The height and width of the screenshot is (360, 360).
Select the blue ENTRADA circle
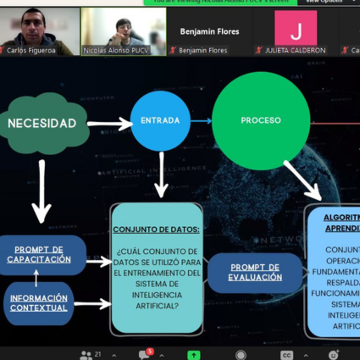[x=160, y=121]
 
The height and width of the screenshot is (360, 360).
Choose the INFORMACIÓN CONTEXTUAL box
[x=38, y=302]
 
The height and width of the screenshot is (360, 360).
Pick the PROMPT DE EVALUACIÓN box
[x=255, y=272]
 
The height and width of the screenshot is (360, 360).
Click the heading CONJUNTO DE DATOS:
[x=156, y=230]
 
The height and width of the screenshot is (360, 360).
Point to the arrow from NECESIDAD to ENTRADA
[x=108, y=125]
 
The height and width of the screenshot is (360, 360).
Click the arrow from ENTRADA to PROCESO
[x=201, y=121]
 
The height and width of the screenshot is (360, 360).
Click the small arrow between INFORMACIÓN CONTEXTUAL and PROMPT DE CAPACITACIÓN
[x=36, y=278]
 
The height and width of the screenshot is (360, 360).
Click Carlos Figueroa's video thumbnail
[x=39, y=31]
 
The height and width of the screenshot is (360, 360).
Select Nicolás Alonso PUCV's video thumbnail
[x=123, y=31]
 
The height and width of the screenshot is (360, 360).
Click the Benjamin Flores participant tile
[x=208, y=31]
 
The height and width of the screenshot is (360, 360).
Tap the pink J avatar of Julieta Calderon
[x=296, y=30]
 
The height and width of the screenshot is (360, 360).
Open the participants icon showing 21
[x=90, y=354]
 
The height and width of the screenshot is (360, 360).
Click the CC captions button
[x=286, y=355]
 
